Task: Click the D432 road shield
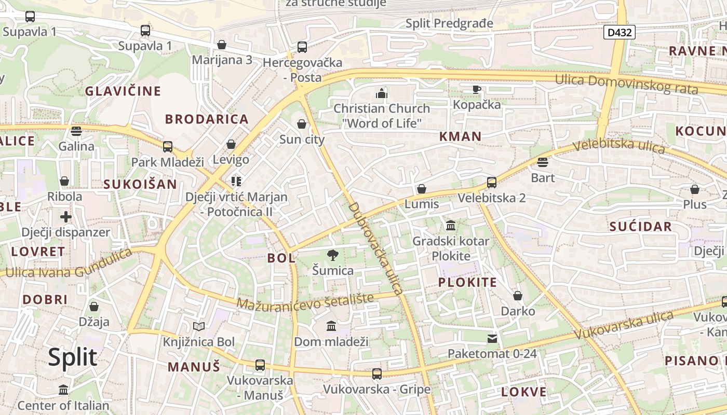tap(620, 32)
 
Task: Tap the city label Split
tap(73, 357)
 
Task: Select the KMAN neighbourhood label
tap(460, 136)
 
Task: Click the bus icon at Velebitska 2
tap(491, 183)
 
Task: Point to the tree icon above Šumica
tap(333, 255)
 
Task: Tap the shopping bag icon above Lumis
tap(422, 189)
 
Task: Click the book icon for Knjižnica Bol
tap(199, 326)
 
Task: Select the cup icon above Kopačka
tap(477, 90)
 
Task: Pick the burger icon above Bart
tap(543, 163)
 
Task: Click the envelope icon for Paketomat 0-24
tap(492, 339)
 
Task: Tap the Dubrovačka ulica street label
tap(375, 248)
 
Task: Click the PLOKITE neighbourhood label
tap(467, 282)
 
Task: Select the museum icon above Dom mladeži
tap(331, 326)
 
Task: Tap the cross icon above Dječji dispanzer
tap(65, 216)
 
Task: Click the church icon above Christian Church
tap(382, 93)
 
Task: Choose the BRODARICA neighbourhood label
tap(207, 119)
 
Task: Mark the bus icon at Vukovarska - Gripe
tap(377, 374)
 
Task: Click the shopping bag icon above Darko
tap(518, 296)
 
